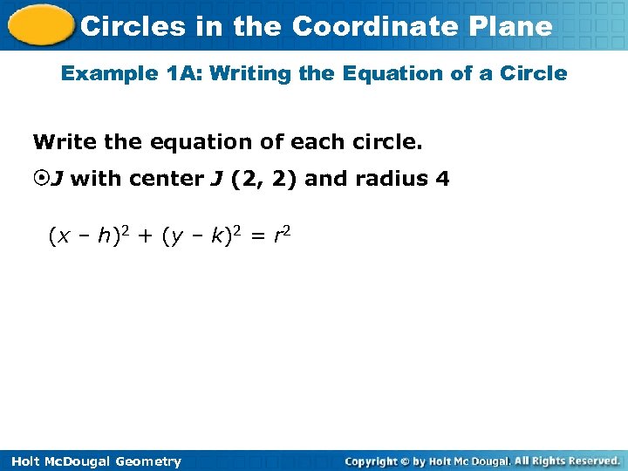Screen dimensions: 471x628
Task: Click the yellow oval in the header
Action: (39, 25)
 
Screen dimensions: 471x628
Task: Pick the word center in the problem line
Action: (165, 180)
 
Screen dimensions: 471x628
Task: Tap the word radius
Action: (391, 180)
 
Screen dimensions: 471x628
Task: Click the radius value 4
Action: (443, 180)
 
